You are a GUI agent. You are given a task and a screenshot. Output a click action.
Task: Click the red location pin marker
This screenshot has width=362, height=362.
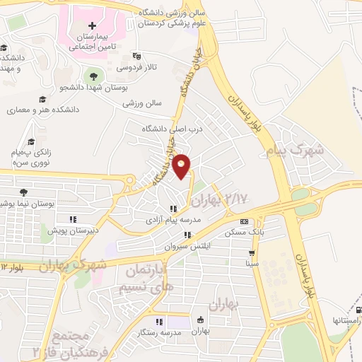click(x=182, y=165)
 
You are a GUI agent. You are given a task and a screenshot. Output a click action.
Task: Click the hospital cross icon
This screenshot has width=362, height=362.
click(x=93, y=26)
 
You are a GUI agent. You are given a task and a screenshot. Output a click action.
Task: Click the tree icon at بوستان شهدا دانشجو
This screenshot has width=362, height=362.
click(x=92, y=74)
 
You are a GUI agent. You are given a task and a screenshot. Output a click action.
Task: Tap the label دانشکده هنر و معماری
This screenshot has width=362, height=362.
click(x=42, y=111)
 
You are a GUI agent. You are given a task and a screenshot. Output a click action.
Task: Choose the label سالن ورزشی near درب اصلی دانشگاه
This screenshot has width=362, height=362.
click(x=143, y=103)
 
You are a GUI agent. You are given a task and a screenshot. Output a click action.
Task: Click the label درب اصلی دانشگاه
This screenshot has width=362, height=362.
click(x=173, y=129)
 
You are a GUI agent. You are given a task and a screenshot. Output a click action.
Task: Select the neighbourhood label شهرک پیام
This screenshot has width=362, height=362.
click(x=296, y=151)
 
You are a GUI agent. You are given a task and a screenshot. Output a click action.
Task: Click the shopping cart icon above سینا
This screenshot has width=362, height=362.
click(x=252, y=252)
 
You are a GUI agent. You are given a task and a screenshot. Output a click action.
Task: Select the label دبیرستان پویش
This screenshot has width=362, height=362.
click(x=72, y=230)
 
